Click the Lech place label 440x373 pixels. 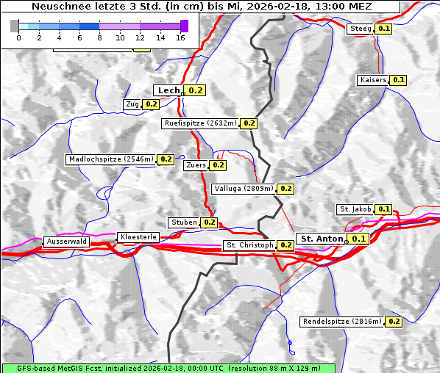(168, 90)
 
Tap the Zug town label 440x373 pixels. (132, 104)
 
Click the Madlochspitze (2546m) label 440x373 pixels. (111, 159)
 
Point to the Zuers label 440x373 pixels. (196, 165)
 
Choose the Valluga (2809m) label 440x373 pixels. (244, 189)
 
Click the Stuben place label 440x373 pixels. (183, 222)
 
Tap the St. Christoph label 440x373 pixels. (249, 245)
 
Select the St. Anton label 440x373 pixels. (322, 239)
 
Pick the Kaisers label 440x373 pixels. (372, 79)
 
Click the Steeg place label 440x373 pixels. (361, 28)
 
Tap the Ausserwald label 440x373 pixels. (66, 241)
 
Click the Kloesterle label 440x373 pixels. (138, 237)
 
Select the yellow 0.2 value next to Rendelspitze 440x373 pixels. (394, 322)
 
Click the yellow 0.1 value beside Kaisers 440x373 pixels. (398, 79)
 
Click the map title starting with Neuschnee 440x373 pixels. (201, 7)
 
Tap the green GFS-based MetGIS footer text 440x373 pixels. (168, 367)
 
